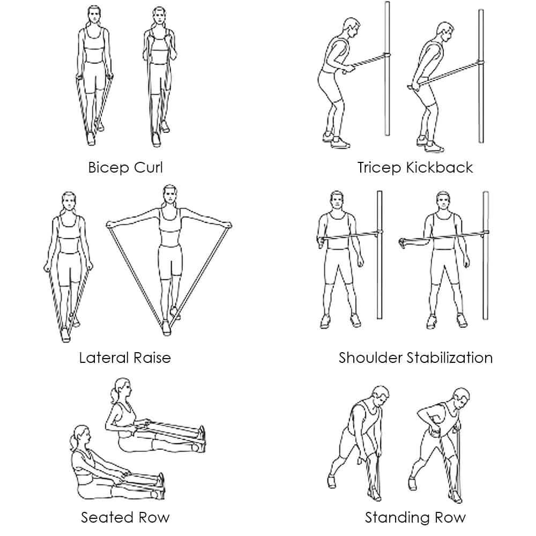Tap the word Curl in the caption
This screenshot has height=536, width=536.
click(x=148, y=167)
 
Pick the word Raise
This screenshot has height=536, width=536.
click(x=152, y=358)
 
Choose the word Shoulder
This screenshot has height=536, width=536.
click(x=370, y=358)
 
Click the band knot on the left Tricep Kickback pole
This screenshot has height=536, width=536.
click(x=386, y=56)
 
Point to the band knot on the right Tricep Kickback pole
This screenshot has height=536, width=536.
click(x=480, y=63)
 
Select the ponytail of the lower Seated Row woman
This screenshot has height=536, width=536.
click(x=74, y=442)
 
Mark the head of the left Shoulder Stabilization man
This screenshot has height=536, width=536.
click(x=337, y=201)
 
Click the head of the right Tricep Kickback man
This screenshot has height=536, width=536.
click(x=445, y=32)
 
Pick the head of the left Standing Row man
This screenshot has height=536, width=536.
click(x=381, y=397)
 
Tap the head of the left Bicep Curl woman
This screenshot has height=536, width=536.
click(x=94, y=16)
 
